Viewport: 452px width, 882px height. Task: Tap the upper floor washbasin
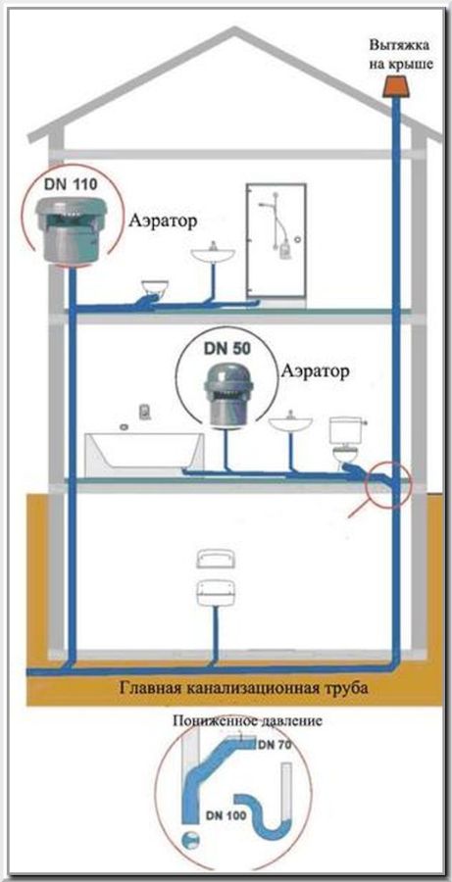(214, 254)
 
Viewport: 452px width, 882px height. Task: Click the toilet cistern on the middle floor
(345, 430)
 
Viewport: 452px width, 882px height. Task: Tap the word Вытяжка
(400, 44)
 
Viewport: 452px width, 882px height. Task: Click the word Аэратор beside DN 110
(163, 220)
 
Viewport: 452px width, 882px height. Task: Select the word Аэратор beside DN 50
(315, 371)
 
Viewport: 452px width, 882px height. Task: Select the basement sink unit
(215, 585)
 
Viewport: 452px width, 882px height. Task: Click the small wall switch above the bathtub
(145, 412)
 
